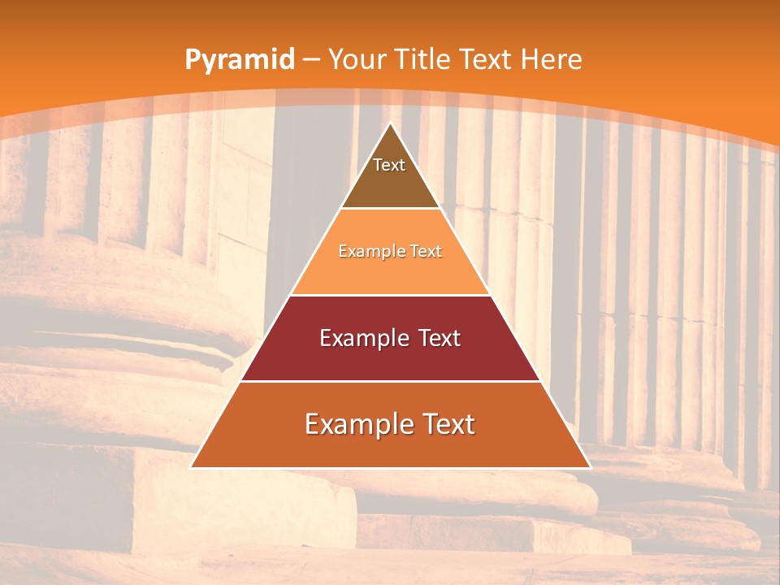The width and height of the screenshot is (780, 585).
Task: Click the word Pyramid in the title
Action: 239,60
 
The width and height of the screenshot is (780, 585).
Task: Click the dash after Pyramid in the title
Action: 311,60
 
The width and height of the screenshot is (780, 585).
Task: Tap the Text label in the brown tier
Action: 389,165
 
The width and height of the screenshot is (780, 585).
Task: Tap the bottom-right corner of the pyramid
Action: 589,466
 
